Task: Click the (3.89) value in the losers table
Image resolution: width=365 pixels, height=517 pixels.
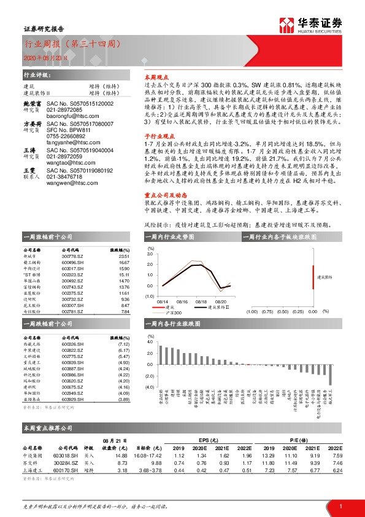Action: coord(123,399)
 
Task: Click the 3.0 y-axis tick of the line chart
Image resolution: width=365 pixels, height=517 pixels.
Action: coord(150,254)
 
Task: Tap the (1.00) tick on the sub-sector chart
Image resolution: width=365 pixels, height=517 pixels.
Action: coord(251,311)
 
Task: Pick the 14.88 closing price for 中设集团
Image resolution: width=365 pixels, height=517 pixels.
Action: coord(120,455)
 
